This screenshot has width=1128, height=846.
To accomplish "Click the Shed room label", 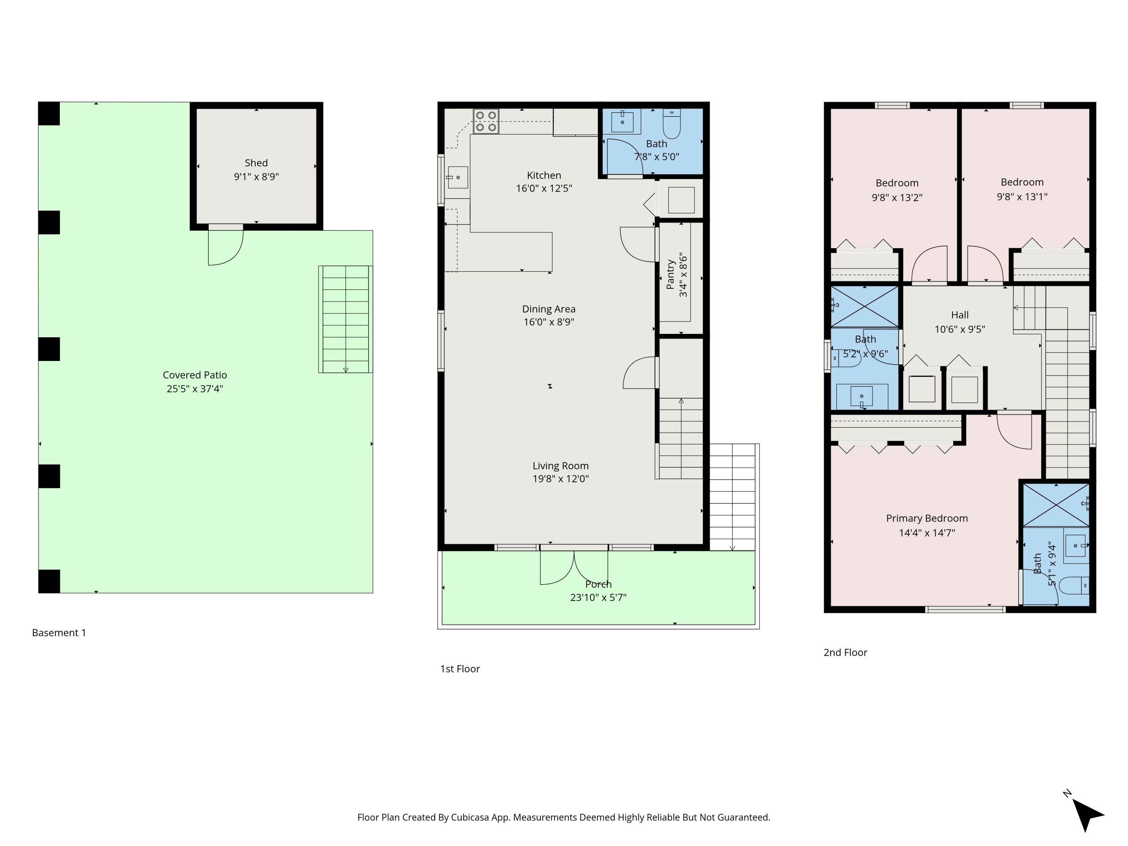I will pyautogui.click(x=256, y=163).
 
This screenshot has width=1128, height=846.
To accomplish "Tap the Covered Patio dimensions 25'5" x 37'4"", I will pyautogui.click(x=195, y=388).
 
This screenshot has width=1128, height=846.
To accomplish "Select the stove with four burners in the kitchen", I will pyautogui.click(x=485, y=121).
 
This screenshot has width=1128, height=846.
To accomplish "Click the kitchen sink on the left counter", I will pyautogui.click(x=458, y=177).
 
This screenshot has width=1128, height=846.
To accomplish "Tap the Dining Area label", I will pyautogui.click(x=549, y=309).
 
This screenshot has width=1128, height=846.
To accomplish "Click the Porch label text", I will pyautogui.click(x=598, y=584).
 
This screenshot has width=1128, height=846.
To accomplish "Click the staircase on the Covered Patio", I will pyautogui.click(x=346, y=319).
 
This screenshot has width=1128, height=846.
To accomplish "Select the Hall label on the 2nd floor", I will pyautogui.click(x=960, y=315).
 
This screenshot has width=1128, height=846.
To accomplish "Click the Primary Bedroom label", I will pyautogui.click(x=926, y=518).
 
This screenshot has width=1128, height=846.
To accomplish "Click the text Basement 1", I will pyautogui.click(x=59, y=632).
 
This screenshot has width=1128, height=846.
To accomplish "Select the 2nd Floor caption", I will pyautogui.click(x=845, y=652).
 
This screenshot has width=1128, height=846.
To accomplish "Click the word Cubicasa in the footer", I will pyautogui.click(x=470, y=817).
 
